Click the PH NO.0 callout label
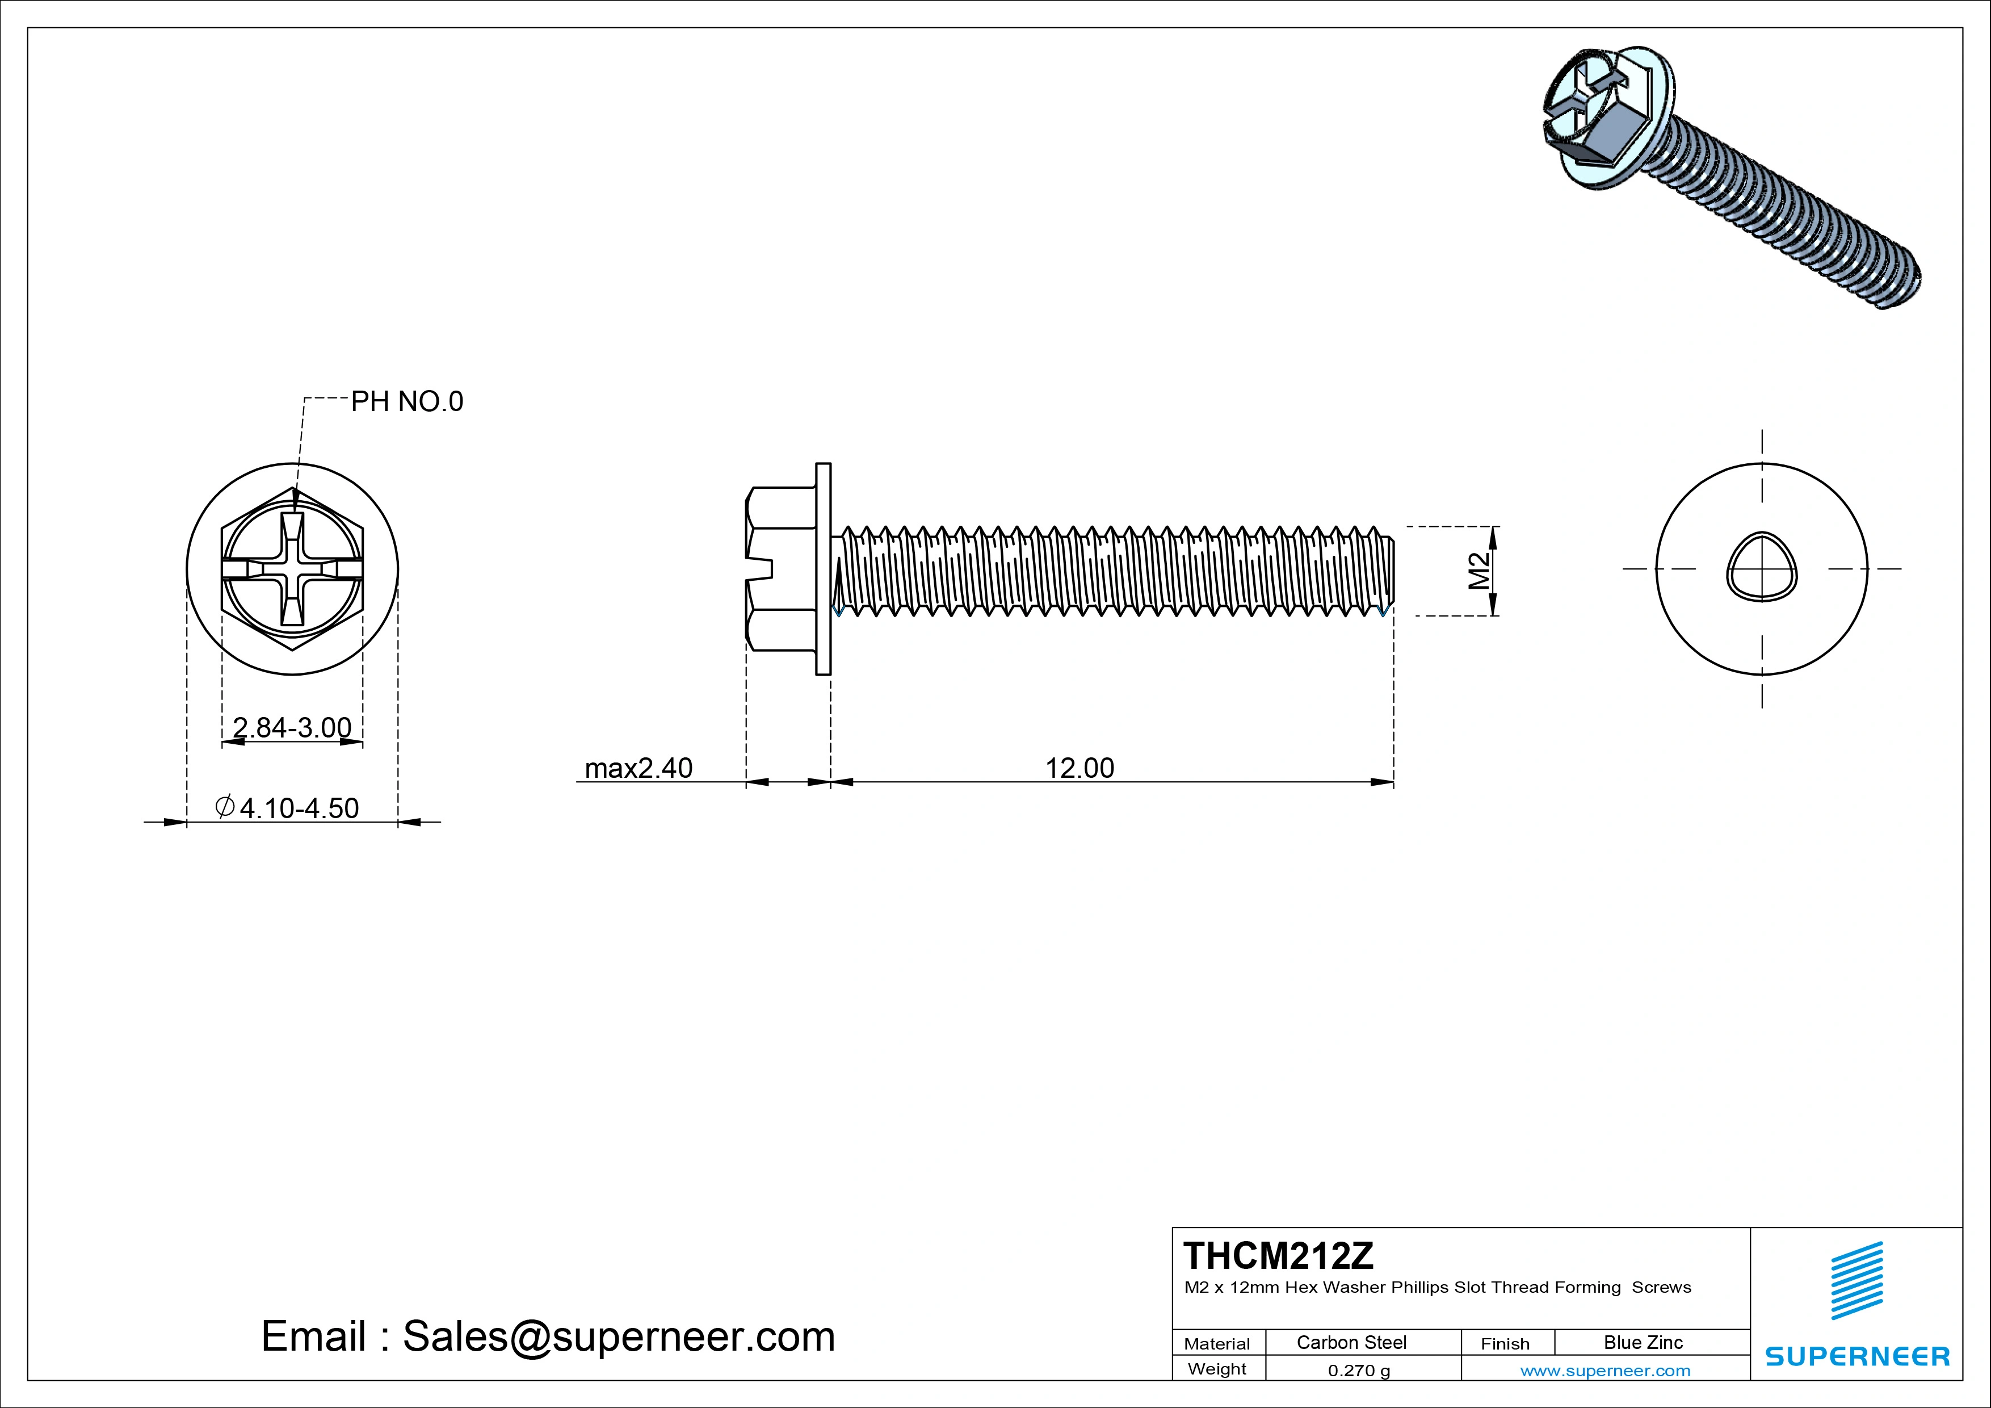point(407,401)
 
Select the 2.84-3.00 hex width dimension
point(292,727)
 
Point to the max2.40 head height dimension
point(639,768)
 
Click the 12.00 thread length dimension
point(1079,768)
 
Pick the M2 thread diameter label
point(1478,571)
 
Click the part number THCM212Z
point(1278,1255)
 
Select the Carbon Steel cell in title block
point(1351,1342)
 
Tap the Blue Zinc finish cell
point(1643,1342)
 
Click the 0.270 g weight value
point(1358,1371)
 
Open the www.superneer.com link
point(1604,1371)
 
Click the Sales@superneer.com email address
point(618,1336)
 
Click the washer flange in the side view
point(823,568)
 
